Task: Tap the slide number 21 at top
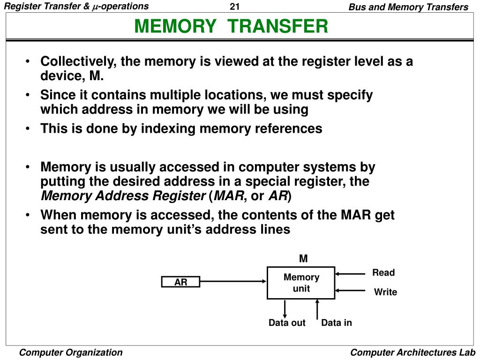[x=235, y=7]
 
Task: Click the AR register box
[x=180, y=282]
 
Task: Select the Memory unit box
[x=301, y=283]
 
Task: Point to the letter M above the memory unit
[x=303, y=259]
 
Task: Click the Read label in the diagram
[x=383, y=273]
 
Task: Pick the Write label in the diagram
[x=385, y=292]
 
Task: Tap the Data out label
[x=287, y=323]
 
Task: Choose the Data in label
[x=336, y=323]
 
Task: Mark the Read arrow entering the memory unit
[x=350, y=273]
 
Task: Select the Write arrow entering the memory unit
[x=350, y=291]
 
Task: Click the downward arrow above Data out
[x=285, y=308]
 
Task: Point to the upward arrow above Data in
[x=317, y=308]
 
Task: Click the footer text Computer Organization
[x=71, y=352]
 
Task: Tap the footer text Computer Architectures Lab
[x=413, y=352]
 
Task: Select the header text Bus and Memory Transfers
[x=408, y=7]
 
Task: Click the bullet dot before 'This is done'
[x=29, y=129]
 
